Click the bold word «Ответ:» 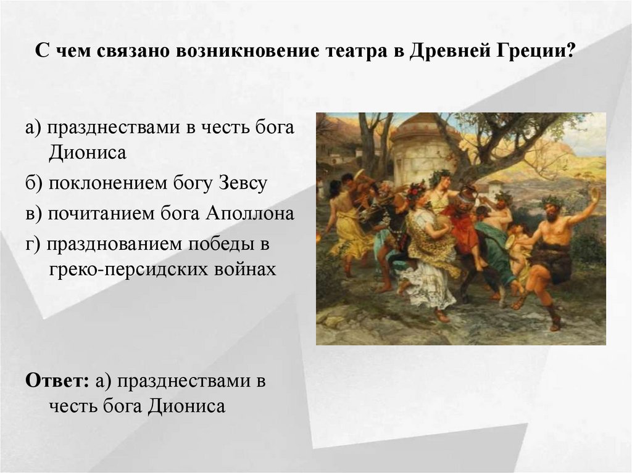point(58,381)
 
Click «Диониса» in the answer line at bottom point(187,406)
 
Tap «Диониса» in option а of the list point(86,152)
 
